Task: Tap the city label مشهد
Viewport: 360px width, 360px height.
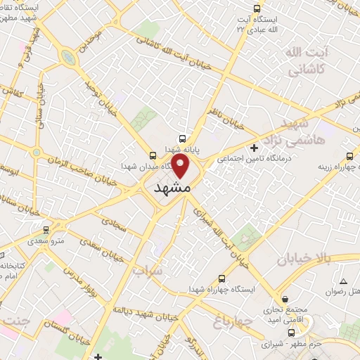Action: click(172, 189)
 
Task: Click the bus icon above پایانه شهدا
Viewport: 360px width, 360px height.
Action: click(182, 139)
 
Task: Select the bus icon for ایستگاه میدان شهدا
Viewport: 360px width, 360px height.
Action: click(153, 155)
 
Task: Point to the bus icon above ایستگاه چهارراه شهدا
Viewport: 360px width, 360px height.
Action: click(223, 278)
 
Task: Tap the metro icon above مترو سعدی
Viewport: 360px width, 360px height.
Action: click(46, 229)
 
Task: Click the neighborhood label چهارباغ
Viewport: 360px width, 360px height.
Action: click(226, 322)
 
